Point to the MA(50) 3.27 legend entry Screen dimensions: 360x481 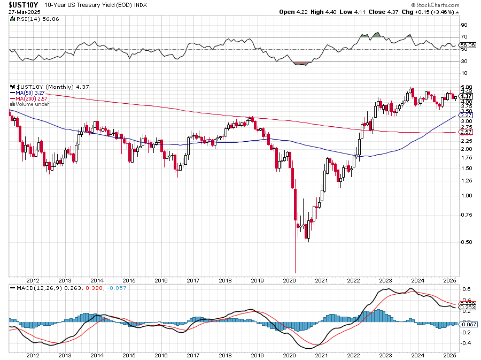click(33, 92)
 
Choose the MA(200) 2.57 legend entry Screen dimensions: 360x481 click(34, 98)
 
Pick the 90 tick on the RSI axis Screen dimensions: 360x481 click(464, 25)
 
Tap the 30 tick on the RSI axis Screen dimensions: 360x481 click(464, 61)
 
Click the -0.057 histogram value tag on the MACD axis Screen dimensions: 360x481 click(468, 324)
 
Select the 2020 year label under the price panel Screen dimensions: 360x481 click(289, 280)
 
